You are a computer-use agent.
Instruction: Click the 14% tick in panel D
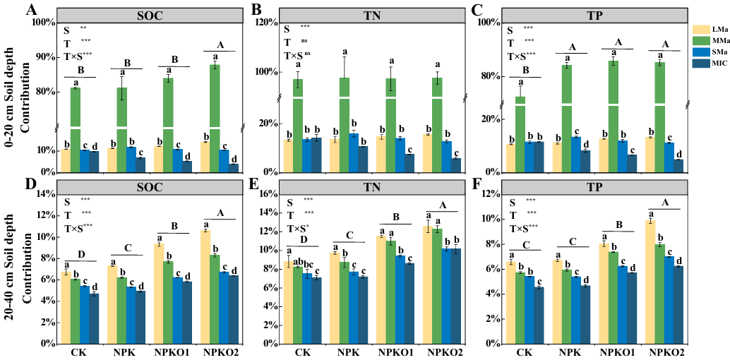click(44, 193)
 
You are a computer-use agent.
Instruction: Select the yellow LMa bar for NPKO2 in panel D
click(205, 287)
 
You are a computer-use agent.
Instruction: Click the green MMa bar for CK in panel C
click(520, 134)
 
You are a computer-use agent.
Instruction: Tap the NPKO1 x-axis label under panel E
click(390, 352)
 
